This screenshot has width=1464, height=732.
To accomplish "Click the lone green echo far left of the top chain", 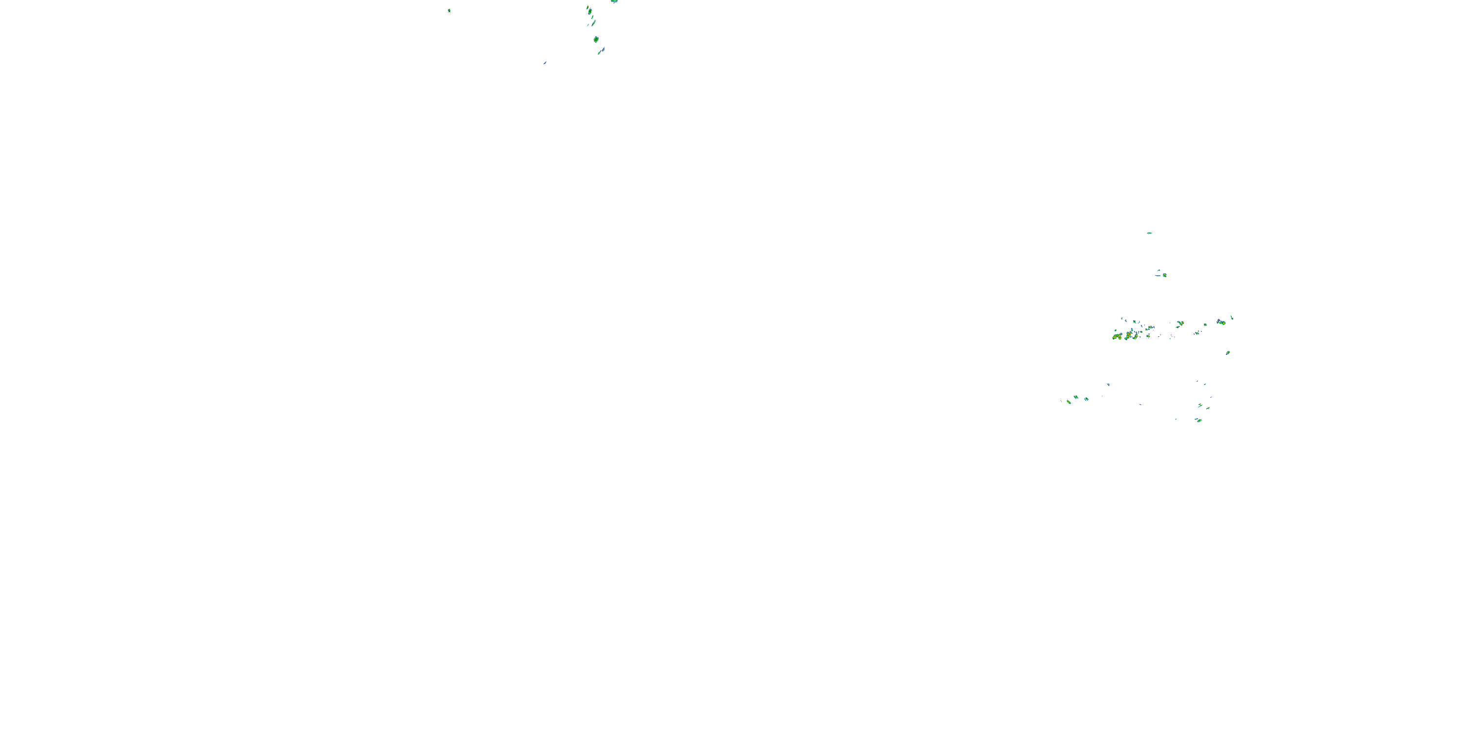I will coord(449,10).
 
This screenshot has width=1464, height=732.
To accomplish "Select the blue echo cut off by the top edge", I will coord(614,1).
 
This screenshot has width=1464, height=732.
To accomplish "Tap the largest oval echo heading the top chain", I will coord(590,11).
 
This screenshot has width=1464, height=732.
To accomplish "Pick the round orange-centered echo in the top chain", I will coord(596,39).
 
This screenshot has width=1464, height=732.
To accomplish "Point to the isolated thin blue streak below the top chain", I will coord(545,62).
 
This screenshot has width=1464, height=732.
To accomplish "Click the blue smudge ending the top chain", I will coord(601,51).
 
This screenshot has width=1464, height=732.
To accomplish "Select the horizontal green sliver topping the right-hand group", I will coord(1149,233).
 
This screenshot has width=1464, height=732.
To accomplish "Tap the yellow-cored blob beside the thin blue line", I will coord(1164,275).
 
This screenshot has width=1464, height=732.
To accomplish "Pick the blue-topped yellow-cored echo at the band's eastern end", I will coord(1220,322).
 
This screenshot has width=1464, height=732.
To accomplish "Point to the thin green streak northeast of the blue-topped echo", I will coord(1232,317).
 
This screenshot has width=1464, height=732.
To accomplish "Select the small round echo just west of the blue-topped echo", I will coord(1205,325).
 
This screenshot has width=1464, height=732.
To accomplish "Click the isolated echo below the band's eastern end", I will coord(1228,353).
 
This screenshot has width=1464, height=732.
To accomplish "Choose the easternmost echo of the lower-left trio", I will coord(1086,399).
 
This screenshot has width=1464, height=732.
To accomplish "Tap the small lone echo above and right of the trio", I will coord(1108,385).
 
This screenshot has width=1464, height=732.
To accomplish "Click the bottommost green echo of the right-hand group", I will coord(1198,420).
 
